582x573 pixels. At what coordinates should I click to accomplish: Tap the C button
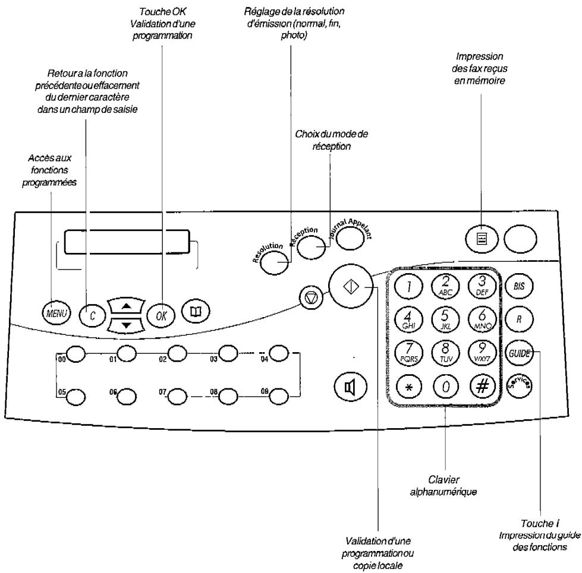pyautogui.click(x=92, y=316)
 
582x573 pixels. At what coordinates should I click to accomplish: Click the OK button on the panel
pyautogui.click(x=161, y=316)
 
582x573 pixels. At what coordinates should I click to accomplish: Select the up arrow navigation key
pyautogui.click(x=126, y=306)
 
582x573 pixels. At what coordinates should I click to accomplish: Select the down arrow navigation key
pyautogui.click(x=126, y=325)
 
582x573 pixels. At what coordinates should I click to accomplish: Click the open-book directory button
pyautogui.click(x=196, y=311)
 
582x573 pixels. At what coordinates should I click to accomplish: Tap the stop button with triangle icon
pyautogui.click(x=311, y=297)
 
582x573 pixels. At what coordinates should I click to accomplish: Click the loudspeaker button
pyautogui.click(x=350, y=387)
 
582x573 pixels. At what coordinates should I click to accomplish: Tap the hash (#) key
pyautogui.click(x=482, y=387)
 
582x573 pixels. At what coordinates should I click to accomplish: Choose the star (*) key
pyautogui.click(x=408, y=387)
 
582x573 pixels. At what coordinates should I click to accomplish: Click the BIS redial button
pyautogui.click(x=519, y=286)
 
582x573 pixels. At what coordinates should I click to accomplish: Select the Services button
pyautogui.click(x=519, y=385)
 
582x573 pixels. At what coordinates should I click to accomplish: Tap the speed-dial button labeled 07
pyautogui.click(x=177, y=396)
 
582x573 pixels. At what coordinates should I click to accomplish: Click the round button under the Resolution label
pyautogui.click(x=275, y=263)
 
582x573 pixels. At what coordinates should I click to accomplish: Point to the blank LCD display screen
pyautogui.click(x=127, y=242)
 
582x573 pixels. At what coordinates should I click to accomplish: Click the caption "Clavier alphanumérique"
pyautogui.click(x=443, y=486)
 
